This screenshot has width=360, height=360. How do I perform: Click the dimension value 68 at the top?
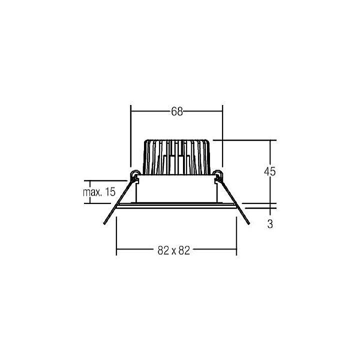(x=177, y=111)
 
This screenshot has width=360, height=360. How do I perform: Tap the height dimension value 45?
(x=270, y=171)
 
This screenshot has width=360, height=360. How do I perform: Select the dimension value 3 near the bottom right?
(x=270, y=224)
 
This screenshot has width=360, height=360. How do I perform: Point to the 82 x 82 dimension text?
(x=174, y=250)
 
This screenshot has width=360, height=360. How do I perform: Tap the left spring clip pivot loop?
(x=134, y=174)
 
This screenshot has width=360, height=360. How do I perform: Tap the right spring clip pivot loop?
(x=217, y=174)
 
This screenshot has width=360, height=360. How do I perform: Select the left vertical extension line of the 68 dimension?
(x=131, y=135)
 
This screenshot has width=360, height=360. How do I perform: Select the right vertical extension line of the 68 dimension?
(x=222, y=135)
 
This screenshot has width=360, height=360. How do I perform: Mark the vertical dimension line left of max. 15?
(x=90, y=192)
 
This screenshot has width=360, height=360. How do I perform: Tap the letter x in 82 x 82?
(x=174, y=251)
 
